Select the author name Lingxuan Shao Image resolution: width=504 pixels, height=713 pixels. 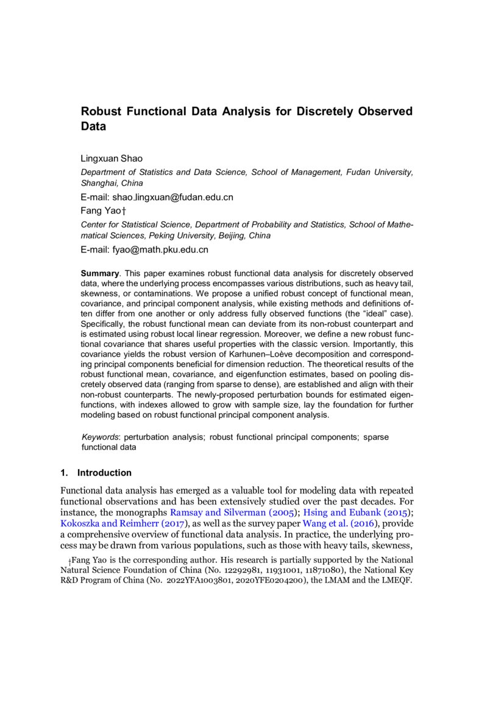coord(112,159)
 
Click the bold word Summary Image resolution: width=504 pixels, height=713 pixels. coord(99,273)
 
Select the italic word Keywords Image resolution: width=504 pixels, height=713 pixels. coord(100,437)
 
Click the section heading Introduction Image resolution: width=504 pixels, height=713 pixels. coord(104,473)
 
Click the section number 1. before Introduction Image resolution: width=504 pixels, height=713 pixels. coord(63,473)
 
